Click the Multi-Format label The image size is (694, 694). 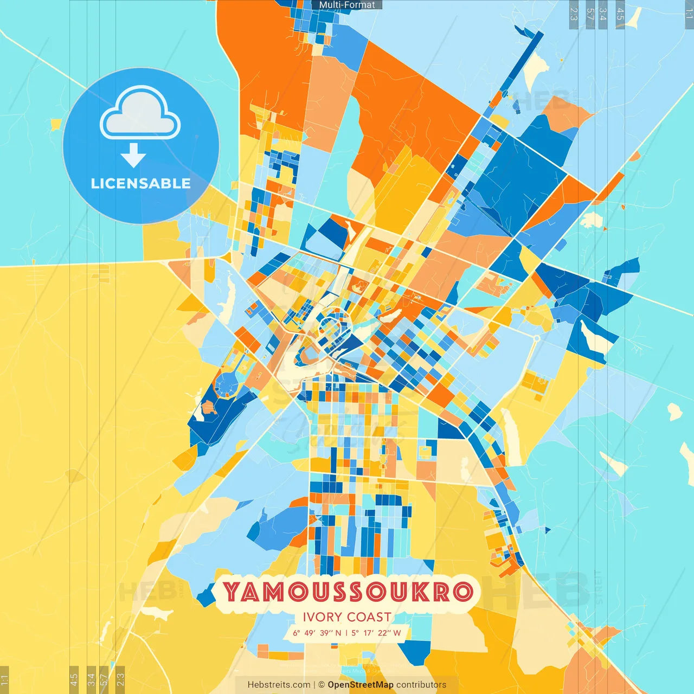tap(347, 5)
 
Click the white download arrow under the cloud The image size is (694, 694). tap(133, 155)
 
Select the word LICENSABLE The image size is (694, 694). tap(141, 183)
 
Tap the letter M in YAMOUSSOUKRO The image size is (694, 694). tap(275, 592)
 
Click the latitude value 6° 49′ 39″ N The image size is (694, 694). tap(317, 633)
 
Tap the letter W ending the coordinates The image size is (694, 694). tap(397, 633)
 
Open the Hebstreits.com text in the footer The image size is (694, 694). tap(279, 685)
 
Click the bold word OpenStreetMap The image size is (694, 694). tap(361, 685)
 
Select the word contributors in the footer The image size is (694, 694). tap(421, 685)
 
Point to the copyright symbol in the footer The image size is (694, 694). tap(322, 685)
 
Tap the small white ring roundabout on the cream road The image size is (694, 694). tap(536, 338)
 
